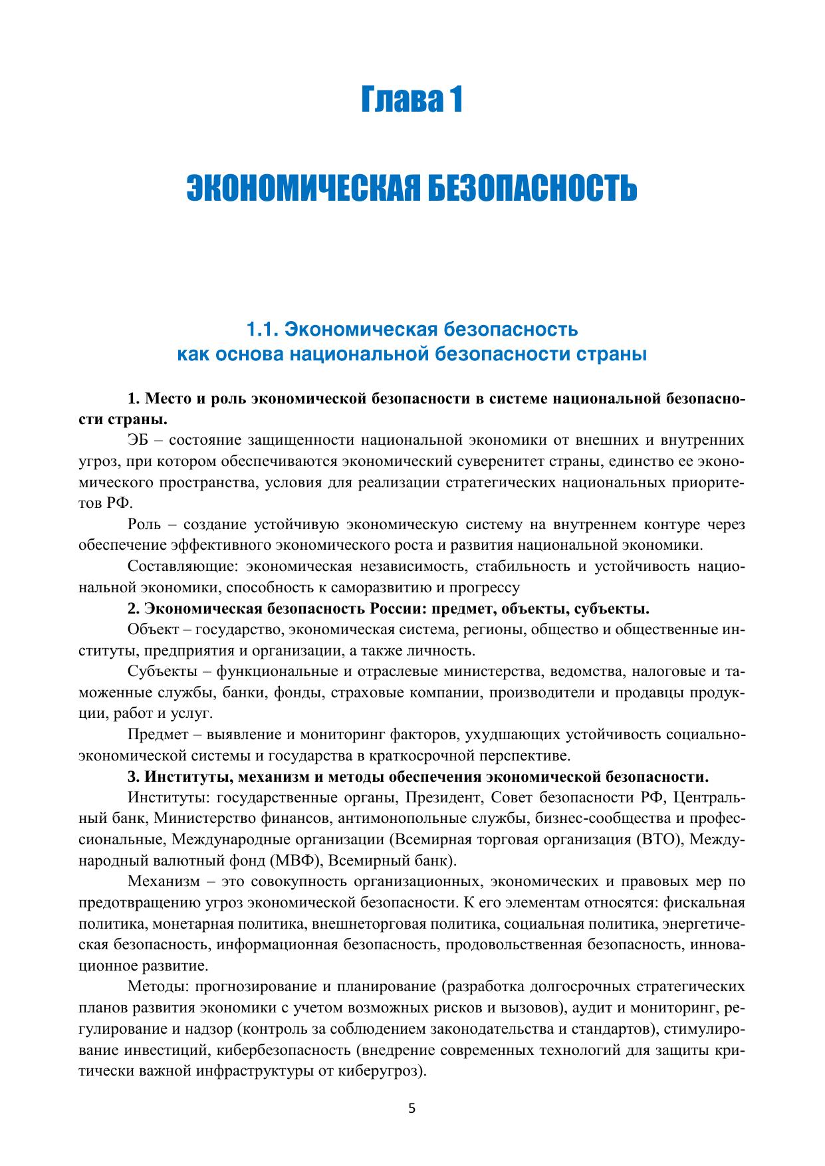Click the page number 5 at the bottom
tap(412, 1108)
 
